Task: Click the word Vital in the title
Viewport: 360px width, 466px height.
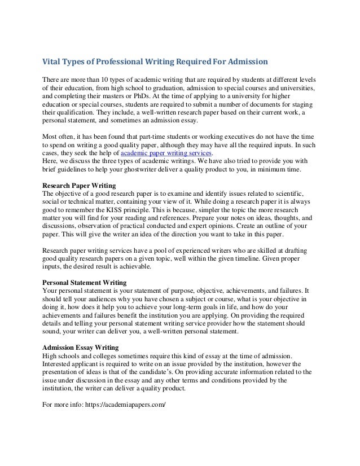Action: tap(52, 60)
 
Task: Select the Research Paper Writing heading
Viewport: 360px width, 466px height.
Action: tap(79, 184)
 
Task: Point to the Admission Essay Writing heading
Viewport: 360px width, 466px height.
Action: tap(81, 349)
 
